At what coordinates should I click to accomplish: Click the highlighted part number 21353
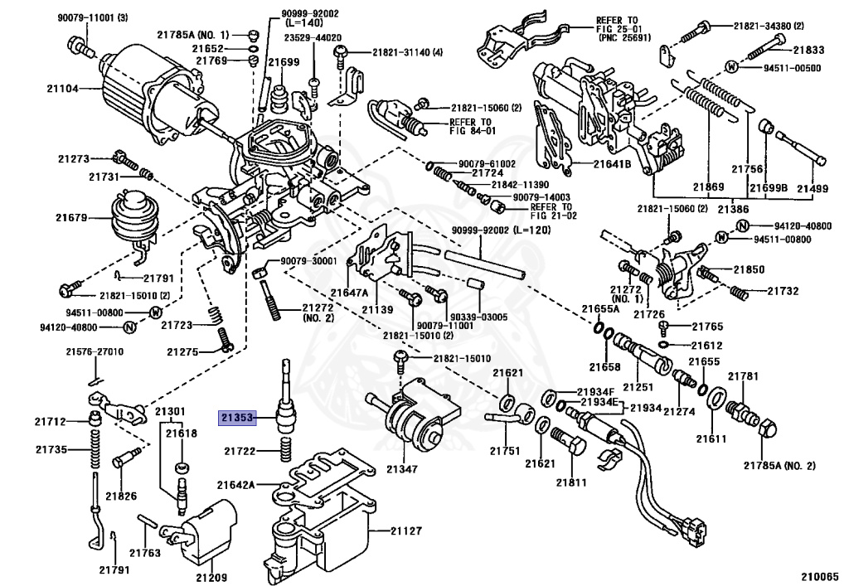click(237, 418)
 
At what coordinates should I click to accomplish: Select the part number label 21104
click(62, 88)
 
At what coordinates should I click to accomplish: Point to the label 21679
click(71, 217)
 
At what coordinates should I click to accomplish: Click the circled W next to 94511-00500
click(732, 66)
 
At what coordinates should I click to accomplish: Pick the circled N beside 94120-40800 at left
click(129, 327)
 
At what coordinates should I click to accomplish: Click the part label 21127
click(406, 530)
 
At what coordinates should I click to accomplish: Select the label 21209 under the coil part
click(211, 578)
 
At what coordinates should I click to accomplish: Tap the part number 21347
click(402, 469)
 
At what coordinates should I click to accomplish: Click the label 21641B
click(612, 162)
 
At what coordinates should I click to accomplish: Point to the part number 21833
click(809, 50)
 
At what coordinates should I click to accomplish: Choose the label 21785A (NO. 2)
click(779, 465)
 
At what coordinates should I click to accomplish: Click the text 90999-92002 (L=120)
click(501, 230)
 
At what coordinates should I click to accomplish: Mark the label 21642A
click(236, 485)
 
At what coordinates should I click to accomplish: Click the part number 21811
click(572, 482)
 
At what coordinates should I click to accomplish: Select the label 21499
click(813, 189)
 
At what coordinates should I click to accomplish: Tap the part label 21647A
click(349, 293)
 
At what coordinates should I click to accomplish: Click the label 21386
click(733, 209)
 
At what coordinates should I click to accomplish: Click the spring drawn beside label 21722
click(286, 449)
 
